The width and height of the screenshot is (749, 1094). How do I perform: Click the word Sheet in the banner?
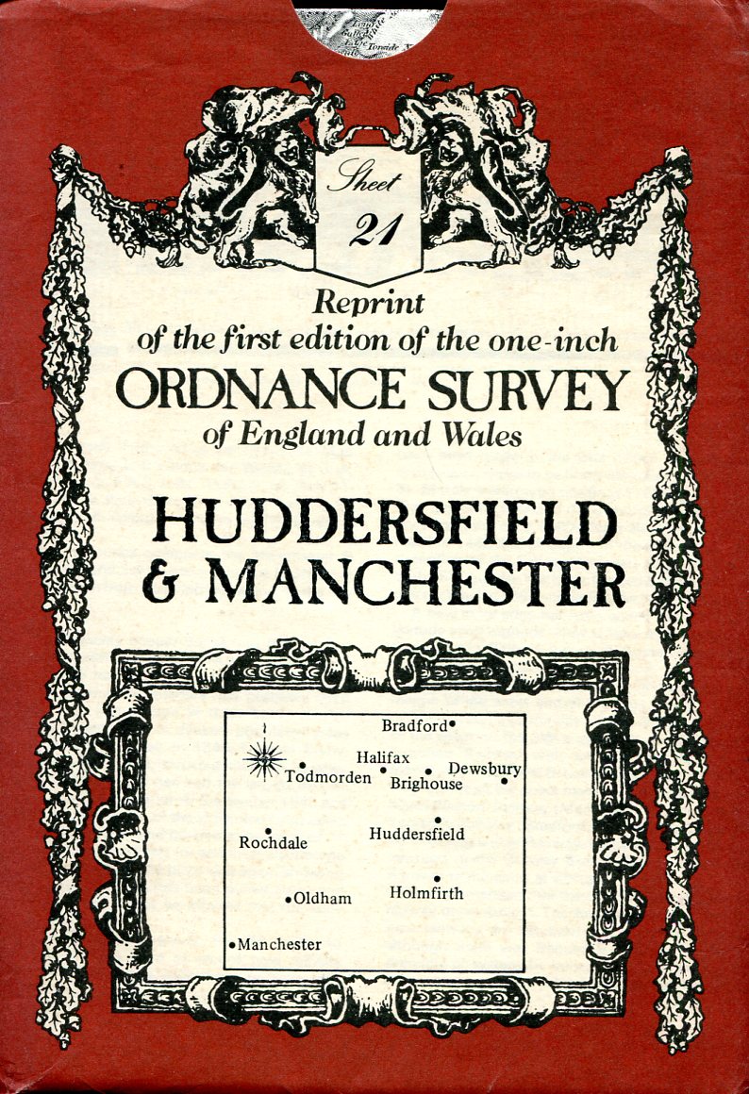click(x=364, y=180)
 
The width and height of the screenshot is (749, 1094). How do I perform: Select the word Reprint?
click(x=369, y=303)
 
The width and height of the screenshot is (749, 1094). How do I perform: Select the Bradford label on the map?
click(x=413, y=725)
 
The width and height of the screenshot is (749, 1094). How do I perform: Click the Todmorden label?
click(x=327, y=777)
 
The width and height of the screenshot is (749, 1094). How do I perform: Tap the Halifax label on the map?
click(x=383, y=756)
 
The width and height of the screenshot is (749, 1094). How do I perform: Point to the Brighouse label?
click(x=426, y=784)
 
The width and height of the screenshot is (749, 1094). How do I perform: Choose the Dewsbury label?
click(x=484, y=769)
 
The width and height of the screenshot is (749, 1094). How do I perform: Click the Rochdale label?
click(x=274, y=843)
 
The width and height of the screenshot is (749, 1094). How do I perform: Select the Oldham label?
click(x=323, y=899)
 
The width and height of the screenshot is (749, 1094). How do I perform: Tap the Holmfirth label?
click(x=426, y=892)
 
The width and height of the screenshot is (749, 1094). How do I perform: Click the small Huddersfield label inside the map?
click(x=417, y=834)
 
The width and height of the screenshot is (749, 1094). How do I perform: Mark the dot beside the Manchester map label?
click(x=232, y=944)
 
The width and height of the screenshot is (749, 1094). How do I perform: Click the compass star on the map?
click(x=265, y=758)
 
